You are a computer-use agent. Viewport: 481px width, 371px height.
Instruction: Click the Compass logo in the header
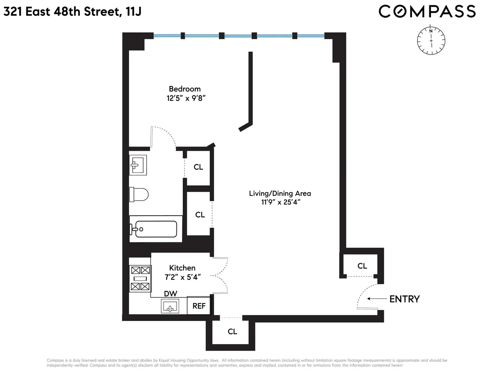pyautogui.click(x=427, y=11)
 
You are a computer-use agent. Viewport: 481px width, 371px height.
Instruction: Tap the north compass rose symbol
pyautogui.click(x=431, y=40)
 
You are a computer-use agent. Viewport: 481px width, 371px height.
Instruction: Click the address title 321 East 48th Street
pyautogui.click(x=72, y=12)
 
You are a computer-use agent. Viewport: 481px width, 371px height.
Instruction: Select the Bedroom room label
pyautogui.click(x=184, y=89)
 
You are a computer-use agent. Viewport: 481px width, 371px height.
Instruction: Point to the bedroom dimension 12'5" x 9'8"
pyautogui.click(x=184, y=98)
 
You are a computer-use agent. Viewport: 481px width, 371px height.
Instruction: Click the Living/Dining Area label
pyautogui.click(x=280, y=193)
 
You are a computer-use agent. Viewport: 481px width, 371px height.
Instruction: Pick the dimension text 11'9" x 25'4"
pyautogui.click(x=280, y=202)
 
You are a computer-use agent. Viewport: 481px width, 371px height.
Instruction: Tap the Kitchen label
pyautogui.click(x=182, y=268)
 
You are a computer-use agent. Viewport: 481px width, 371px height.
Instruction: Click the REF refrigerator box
pyautogui.click(x=199, y=306)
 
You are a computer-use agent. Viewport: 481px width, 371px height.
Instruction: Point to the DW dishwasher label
pyautogui.click(x=170, y=294)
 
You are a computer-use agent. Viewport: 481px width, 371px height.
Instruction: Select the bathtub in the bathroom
pyautogui.click(x=154, y=229)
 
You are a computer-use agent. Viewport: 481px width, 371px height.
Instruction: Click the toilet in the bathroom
pyautogui.click(x=139, y=195)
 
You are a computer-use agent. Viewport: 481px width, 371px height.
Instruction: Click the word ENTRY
pyautogui.click(x=404, y=299)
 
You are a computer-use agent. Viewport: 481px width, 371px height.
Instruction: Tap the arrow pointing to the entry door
pyautogui.click(x=374, y=299)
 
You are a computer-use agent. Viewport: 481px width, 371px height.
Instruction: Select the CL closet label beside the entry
pyautogui.click(x=362, y=266)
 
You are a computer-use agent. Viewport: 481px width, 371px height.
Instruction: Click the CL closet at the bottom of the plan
pyautogui.click(x=232, y=331)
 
